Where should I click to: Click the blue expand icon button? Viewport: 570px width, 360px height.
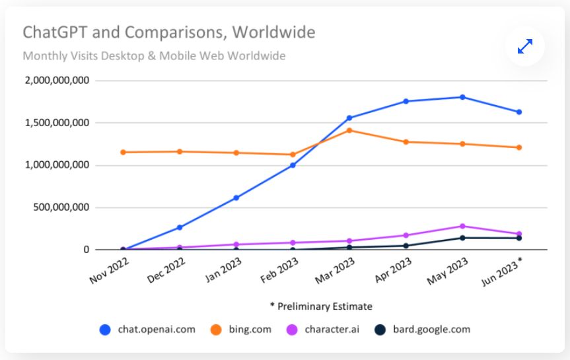[x=525, y=46]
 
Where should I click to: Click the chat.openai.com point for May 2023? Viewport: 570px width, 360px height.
[x=462, y=97]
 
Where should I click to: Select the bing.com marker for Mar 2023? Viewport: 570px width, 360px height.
[x=349, y=130]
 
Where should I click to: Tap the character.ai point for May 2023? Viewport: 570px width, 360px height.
[x=462, y=226]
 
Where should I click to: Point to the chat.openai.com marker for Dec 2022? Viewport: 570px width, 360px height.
[x=180, y=227]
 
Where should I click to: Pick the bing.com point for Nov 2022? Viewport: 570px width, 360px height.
[x=123, y=152]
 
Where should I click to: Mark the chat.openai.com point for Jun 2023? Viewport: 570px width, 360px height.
[x=519, y=112]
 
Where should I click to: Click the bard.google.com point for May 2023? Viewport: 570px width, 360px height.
[x=462, y=238]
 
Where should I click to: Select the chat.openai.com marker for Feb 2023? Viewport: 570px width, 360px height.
[x=293, y=165]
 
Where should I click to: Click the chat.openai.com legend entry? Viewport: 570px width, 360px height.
[x=147, y=329]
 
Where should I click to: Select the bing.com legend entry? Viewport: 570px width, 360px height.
[x=241, y=329]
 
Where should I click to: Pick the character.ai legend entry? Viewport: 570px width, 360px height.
[x=323, y=329]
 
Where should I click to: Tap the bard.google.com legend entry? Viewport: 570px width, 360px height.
[x=422, y=329]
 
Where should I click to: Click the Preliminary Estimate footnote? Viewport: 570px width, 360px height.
[x=321, y=306]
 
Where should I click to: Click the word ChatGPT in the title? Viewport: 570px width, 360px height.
[x=50, y=32]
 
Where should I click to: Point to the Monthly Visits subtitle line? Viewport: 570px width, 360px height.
[x=154, y=55]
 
